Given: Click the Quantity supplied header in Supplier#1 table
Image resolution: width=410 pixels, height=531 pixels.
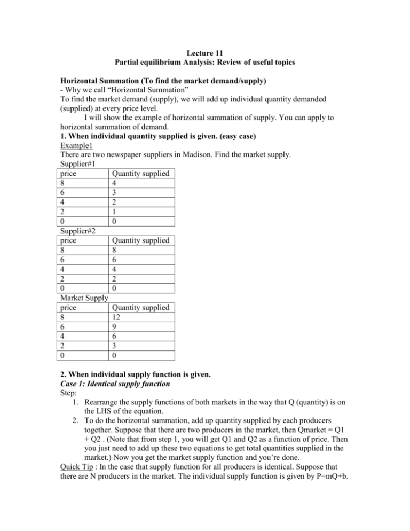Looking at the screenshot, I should point(139,230).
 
